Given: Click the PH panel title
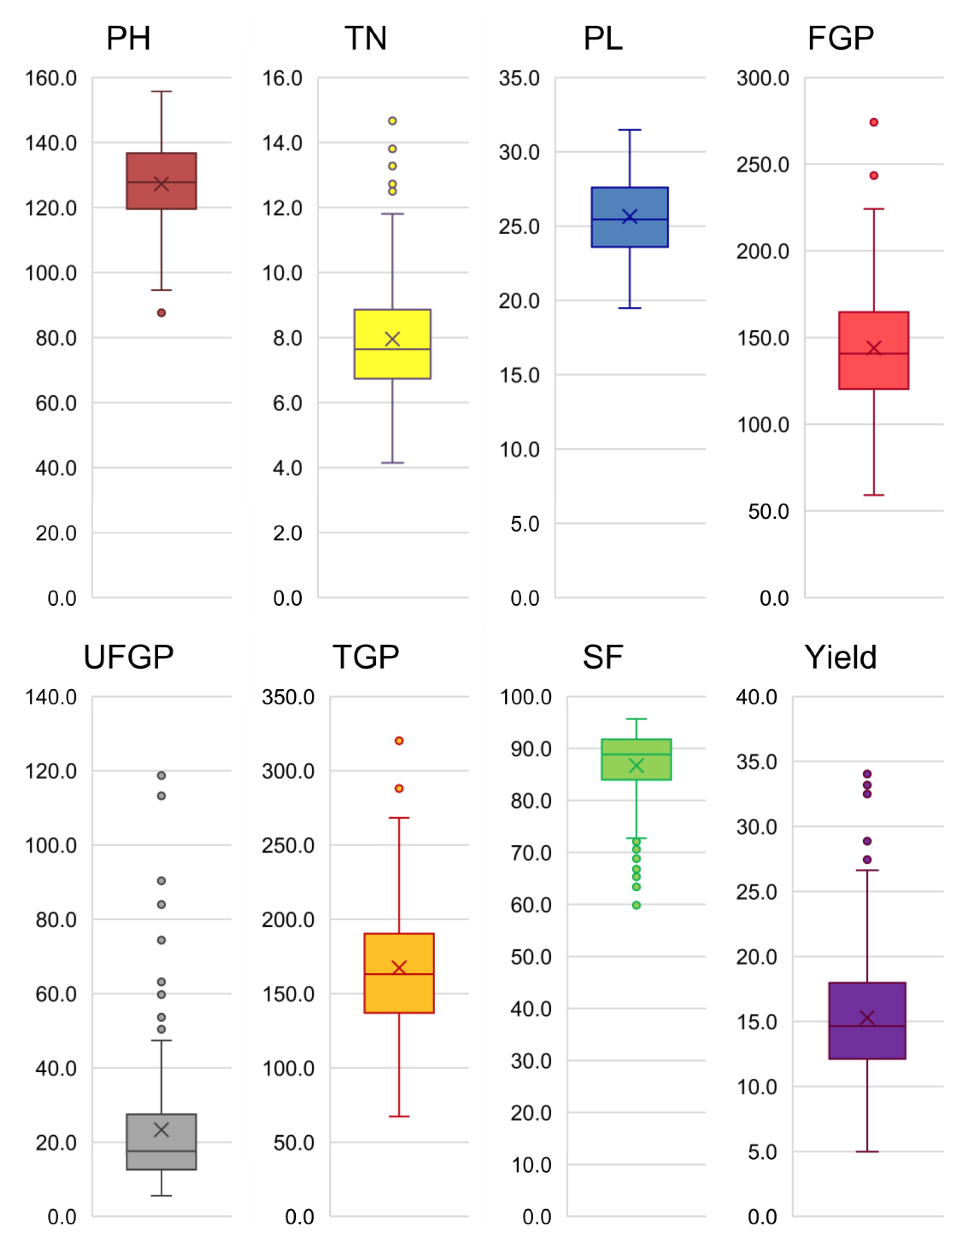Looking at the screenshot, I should coord(128,39).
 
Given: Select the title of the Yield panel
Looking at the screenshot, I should coord(840,658).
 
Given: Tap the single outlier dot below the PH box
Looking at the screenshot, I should coord(162,313).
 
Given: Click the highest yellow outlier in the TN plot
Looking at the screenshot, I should coord(392,121).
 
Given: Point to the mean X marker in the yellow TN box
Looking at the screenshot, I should coord(392,339).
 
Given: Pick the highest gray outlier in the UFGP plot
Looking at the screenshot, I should coord(162,775).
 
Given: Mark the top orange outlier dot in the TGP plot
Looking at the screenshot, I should coord(399,741).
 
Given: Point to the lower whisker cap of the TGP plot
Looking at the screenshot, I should coord(399,1117).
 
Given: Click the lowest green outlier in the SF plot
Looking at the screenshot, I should coord(636,905).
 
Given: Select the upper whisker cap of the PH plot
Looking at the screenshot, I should coord(162,91).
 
